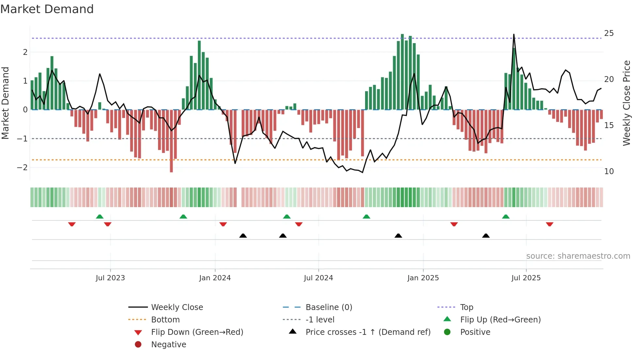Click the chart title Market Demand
tap(47, 9)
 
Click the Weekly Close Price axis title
tap(626, 103)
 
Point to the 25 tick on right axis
tap(609, 33)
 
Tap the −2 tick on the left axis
tap(23, 168)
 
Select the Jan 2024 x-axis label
tap(215, 278)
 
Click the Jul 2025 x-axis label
tap(526, 278)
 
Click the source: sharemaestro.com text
tap(578, 256)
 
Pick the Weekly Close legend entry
tap(177, 307)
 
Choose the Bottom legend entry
tap(165, 320)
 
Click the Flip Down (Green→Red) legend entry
tap(197, 332)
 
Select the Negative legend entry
tap(168, 345)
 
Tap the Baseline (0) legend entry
tap(328, 307)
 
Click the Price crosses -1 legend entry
tap(368, 332)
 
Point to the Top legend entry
tap(466, 307)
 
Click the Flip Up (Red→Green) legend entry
tap(500, 320)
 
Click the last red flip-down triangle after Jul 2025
tap(550, 224)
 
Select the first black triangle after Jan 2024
tap(243, 236)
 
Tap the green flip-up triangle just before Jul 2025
tap(506, 217)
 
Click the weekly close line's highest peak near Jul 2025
tap(514, 35)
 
